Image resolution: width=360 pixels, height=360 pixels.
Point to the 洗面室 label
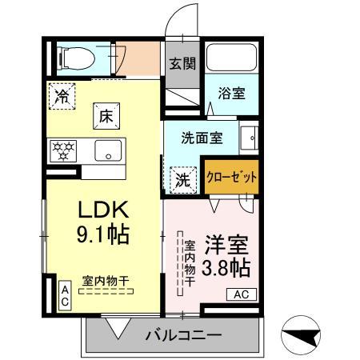(202, 137)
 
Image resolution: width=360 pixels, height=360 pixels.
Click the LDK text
(102, 208)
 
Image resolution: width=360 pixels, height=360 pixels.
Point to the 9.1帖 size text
(102, 236)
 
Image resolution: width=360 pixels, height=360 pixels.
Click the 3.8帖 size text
(226, 266)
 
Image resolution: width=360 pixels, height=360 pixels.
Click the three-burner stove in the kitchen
(63, 150)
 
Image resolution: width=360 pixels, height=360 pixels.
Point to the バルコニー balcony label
(183, 334)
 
